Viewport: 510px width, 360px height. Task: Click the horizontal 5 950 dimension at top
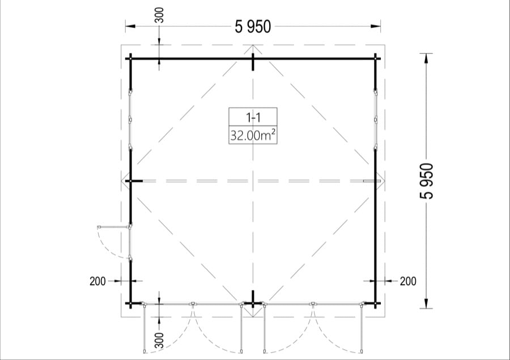point(253,27)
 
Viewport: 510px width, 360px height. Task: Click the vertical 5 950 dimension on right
point(427,181)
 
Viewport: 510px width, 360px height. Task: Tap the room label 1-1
point(253,117)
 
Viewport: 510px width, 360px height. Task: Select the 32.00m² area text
point(253,135)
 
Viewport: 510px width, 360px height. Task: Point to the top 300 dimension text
point(159,15)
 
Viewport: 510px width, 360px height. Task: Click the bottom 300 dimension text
point(159,340)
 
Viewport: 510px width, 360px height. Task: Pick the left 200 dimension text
point(97,281)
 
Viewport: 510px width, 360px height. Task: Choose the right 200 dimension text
point(408,281)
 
